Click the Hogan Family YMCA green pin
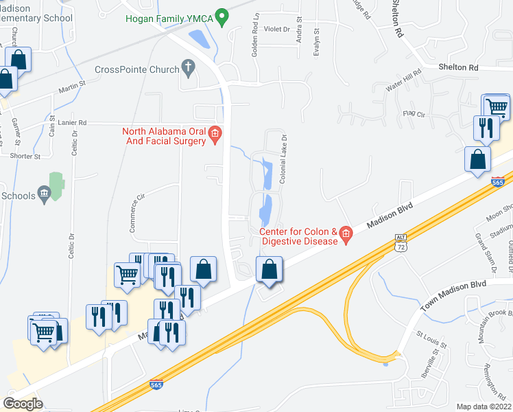222,15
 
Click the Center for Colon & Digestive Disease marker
346,236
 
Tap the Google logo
23,404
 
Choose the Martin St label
71,86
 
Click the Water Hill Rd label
403,85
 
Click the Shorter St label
25,156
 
